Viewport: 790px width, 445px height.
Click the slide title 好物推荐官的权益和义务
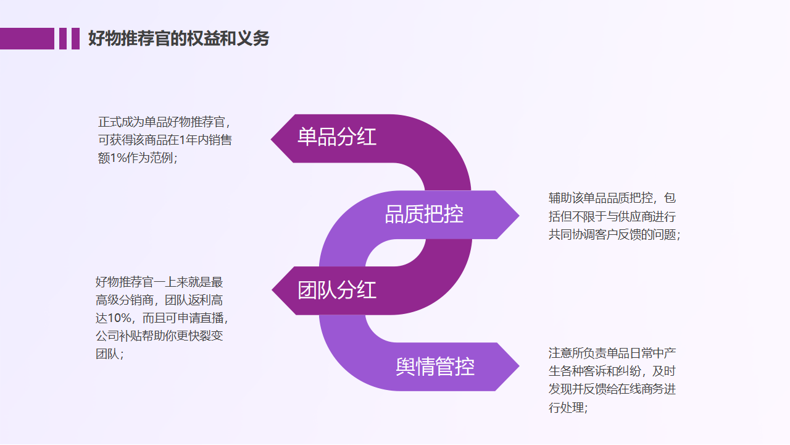(178, 39)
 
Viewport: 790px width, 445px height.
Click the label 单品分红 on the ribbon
(336, 137)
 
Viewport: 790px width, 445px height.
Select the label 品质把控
(424, 214)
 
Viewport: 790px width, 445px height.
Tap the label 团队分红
(336, 290)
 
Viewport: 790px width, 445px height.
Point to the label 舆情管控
(435, 367)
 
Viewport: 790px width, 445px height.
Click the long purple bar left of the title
(27, 38)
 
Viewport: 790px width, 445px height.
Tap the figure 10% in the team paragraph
(120, 318)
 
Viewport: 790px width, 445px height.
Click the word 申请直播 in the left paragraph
(201, 318)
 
